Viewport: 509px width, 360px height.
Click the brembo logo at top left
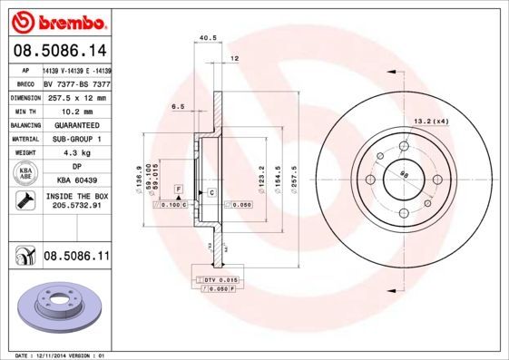point(56,19)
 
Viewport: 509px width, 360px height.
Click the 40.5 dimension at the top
point(205,38)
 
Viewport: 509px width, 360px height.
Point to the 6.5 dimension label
point(178,106)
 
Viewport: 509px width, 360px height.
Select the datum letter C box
point(210,193)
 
